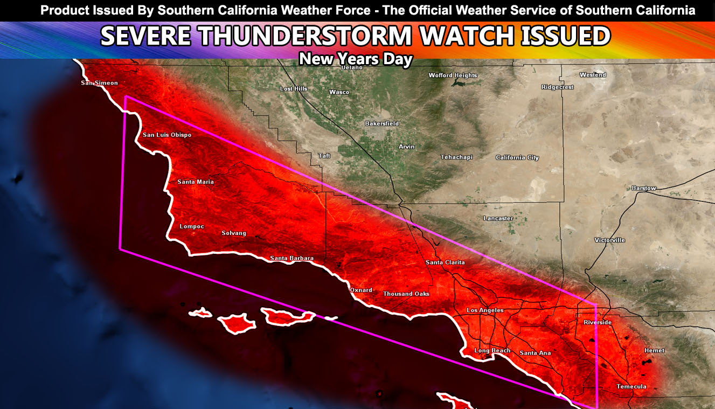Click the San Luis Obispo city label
(x=166, y=135)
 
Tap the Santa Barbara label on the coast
(x=291, y=258)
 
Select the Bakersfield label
(x=381, y=123)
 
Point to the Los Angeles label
(x=485, y=310)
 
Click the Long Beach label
(x=492, y=351)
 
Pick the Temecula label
(x=631, y=386)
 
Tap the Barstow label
(x=644, y=188)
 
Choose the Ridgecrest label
(x=557, y=87)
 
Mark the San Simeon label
(x=99, y=83)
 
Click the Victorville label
(x=609, y=240)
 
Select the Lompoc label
(x=192, y=226)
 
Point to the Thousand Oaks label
(x=406, y=294)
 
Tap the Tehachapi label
(x=456, y=157)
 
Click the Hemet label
(x=654, y=350)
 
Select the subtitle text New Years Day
(x=356, y=59)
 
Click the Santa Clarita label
(x=445, y=262)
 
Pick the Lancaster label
(x=498, y=218)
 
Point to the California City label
(x=517, y=157)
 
